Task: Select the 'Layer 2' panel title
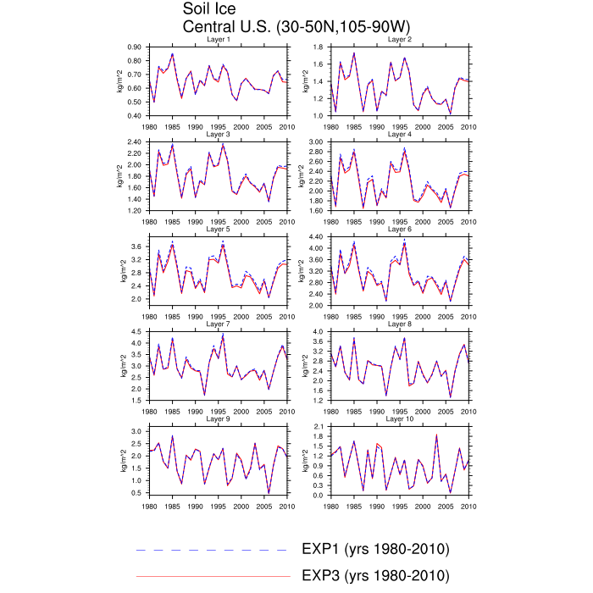tap(400, 40)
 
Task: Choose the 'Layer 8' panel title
tap(400, 324)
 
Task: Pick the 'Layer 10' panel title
tap(400, 418)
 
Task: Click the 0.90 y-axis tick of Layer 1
tap(134, 47)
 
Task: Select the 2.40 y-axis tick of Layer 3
tap(134, 142)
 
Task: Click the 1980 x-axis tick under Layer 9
tap(150, 505)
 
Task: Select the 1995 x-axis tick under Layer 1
tap(218, 125)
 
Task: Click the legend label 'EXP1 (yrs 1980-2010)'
tap(374, 549)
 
